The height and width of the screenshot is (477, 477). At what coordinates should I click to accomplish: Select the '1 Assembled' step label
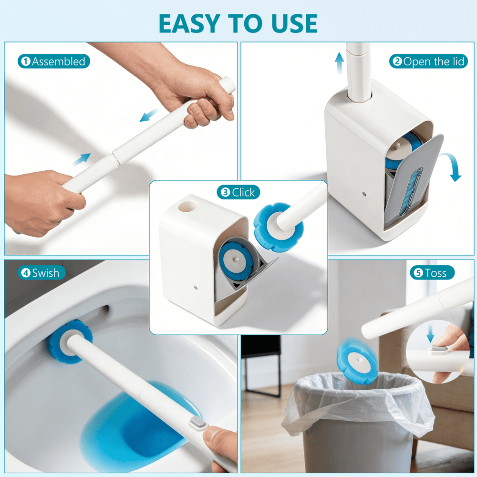click(x=54, y=61)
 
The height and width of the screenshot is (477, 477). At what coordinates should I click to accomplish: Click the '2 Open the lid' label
click(x=428, y=61)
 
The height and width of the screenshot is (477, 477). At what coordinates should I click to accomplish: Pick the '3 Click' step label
click(x=238, y=192)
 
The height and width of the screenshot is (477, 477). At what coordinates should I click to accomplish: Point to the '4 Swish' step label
click(x=41, y=272)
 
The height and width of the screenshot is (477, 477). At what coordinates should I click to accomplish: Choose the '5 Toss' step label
click(x=432, y=272)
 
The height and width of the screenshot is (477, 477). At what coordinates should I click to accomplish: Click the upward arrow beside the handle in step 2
click(x=339, y=63)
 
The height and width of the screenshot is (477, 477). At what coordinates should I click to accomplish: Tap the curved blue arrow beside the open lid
click(x=452, y=166)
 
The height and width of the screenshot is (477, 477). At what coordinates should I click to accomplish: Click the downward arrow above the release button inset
click(x=430, y=333)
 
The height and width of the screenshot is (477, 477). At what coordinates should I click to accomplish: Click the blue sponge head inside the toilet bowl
click(x=70, y=341)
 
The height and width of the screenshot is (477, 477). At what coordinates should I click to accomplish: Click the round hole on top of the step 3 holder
click(x=188, y=206)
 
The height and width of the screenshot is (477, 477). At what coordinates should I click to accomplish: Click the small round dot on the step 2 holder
click(x=364, y=194)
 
